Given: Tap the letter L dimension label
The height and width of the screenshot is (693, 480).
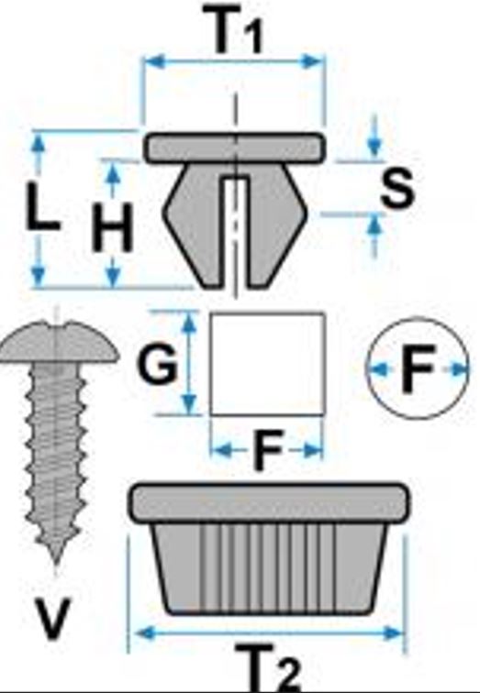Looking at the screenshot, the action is (x=41, y=207).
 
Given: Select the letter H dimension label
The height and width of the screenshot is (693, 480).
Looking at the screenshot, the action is (x=112, y=227).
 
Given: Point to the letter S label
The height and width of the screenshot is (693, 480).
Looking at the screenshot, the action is (x=396, y=188).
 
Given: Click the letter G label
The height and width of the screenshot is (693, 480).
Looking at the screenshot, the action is (x=158, y=363).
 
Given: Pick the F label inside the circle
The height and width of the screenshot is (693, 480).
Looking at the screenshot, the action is (x=418, y=368).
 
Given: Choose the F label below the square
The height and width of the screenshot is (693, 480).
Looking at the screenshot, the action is (x=269, y=450).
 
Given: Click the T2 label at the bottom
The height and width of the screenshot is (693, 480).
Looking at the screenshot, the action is (x=269, y=667).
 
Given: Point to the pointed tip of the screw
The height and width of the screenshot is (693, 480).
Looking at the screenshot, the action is (x=56, y=560).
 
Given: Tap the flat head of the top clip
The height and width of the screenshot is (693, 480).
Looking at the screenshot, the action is (x=235, y=148).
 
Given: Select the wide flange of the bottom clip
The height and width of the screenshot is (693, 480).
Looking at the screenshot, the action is (x=269, y=503).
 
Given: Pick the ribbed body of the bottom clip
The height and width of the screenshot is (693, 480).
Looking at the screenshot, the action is (x=270, y=568).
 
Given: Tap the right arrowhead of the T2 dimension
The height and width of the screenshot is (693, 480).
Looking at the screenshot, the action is (x=394, y=632).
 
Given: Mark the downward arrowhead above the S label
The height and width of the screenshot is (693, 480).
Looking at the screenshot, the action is (x=374, y=147).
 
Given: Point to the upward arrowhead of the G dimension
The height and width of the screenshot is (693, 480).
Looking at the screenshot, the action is (x=189, y=322).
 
